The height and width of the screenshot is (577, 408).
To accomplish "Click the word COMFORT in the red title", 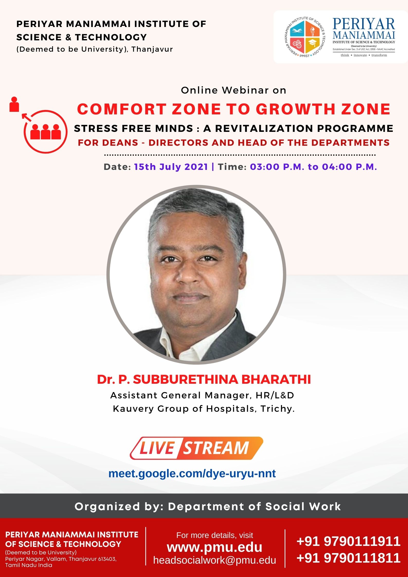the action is point(122,109).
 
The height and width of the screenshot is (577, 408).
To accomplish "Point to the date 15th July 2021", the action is point(171,167).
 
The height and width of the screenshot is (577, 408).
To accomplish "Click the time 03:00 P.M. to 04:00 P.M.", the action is point(313,167).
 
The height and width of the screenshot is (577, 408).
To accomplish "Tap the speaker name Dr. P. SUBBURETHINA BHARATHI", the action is point(204,379).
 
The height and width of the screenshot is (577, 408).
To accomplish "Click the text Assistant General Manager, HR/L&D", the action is point(202,395).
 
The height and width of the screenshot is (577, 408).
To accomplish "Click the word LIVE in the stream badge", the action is point(157,448).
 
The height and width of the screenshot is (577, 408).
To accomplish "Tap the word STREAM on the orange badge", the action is point(216,448).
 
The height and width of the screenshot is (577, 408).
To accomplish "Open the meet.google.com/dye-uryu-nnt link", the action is point(192,473).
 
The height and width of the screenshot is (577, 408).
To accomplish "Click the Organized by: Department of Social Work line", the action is point(208,506).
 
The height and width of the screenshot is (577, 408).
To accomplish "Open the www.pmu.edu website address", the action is point(215,547).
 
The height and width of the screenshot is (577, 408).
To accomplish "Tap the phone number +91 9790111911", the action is point(348,541).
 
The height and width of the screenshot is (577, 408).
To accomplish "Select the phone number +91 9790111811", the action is point(348,558).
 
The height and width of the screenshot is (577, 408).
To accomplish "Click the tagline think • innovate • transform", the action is point(364,55).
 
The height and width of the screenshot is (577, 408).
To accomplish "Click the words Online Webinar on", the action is point(233,90).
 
